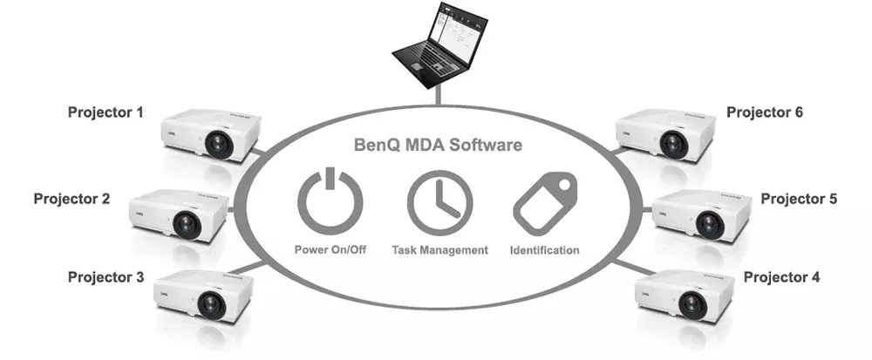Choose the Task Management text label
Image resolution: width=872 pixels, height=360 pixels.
[x=439, y=250]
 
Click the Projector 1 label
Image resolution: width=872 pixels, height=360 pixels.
[x=106, y=112]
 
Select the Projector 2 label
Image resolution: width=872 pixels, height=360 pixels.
[x=72, y=199]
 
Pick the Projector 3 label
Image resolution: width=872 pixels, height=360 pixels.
[x=106, y=277]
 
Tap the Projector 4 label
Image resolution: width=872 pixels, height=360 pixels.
[x=781, y=277]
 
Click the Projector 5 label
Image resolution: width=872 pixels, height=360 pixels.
[x=799, y=199]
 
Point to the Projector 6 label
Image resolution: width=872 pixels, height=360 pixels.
[x=765, y=112]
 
